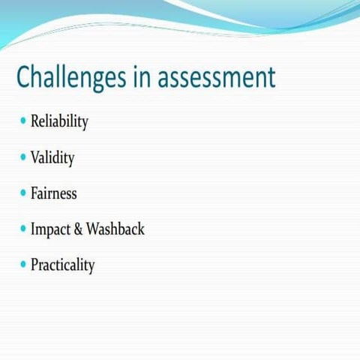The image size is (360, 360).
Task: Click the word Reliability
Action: click(x=59, y=122)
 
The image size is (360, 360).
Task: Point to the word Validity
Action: click(x=52, y=158)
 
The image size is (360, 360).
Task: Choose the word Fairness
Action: click(x=54, y=193)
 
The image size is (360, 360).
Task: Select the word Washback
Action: click(x=115, y=229)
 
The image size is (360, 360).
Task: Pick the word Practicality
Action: click(x=63, y=265)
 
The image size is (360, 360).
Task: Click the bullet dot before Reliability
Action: click(x=23, y=121)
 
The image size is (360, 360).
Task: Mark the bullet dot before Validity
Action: click(x=23, y=157)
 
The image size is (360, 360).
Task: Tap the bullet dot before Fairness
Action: click(x=23, y=193)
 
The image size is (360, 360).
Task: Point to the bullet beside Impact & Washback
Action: click(x=23, y=229)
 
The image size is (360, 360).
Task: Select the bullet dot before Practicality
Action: click(x=23, y=265)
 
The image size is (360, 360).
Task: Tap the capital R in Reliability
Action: click(x=35, y=121)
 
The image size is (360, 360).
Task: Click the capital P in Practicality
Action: click(x=34, y=265)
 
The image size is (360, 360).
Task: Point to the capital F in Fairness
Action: click(x=34, y=193)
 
